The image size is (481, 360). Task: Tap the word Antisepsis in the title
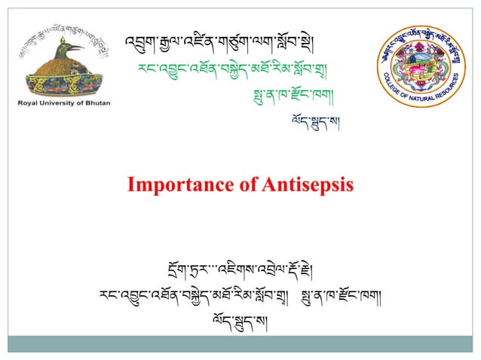coord(296,185)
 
